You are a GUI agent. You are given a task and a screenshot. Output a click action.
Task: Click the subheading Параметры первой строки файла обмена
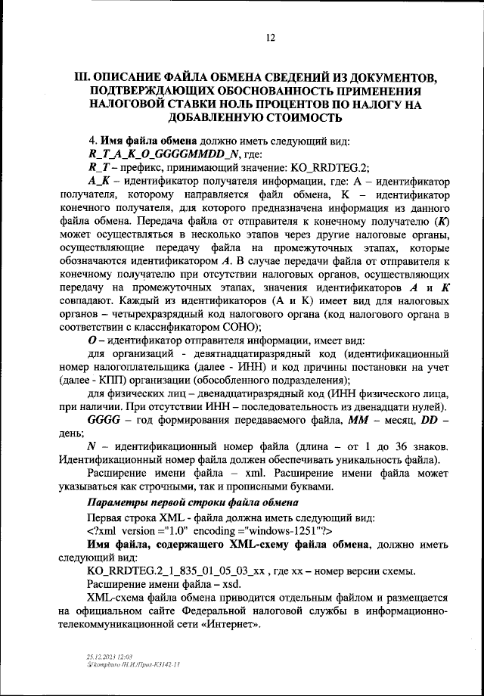click(x=188, y=503)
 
